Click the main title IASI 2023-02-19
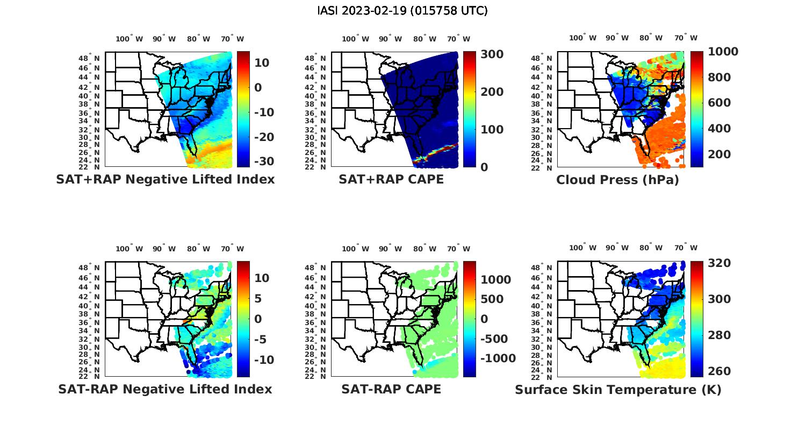402,11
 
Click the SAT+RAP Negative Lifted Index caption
165,179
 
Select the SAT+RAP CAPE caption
391,179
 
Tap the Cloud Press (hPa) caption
617,180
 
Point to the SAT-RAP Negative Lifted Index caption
165,389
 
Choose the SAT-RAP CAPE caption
391,389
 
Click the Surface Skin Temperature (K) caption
618,390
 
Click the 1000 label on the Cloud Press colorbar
723,52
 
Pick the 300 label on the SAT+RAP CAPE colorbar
492,54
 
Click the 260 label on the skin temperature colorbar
719,371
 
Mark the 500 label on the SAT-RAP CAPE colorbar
492,299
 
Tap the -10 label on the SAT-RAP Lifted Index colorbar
263,360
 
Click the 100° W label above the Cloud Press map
582,38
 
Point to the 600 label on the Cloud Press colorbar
719,103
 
